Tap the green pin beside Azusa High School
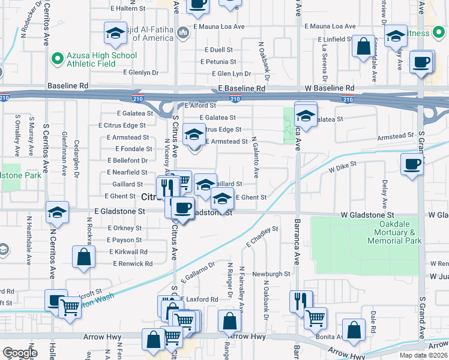(x=57, y=59)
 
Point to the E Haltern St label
(x=127, y=8)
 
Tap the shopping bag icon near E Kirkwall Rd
(x=84, y=256)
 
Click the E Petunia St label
(x=220, y=62)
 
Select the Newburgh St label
(x=271, y=274)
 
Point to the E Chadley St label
(x=262, y=237)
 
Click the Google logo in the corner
(x=20, y=353)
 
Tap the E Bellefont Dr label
(x=128, y=161)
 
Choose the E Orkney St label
(x=125, y=228)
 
